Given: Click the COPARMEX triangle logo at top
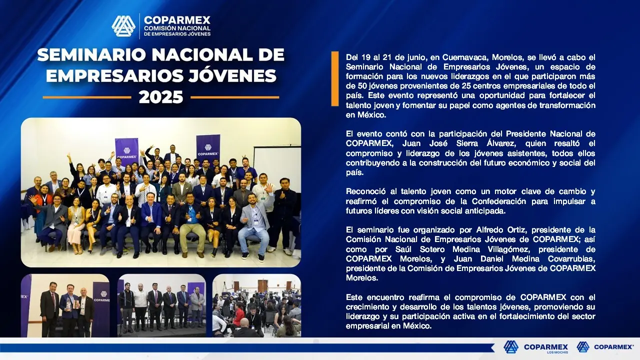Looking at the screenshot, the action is (x=123, y=26).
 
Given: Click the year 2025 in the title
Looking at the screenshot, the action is (x=161, y=97).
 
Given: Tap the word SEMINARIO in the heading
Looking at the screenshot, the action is (x=91, y=54).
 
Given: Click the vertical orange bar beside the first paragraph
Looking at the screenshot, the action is (x=335, y=79).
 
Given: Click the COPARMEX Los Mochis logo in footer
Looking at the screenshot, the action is (x=535, y=347).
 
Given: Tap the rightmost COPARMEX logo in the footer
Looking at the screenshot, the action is (x=605, y=347).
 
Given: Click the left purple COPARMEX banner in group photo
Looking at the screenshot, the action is (x=126, y=151).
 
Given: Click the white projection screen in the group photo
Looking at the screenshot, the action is (x=277, y=165).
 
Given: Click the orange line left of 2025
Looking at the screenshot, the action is (x=87, y=97).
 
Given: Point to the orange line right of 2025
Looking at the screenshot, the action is (x=235, y=97).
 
